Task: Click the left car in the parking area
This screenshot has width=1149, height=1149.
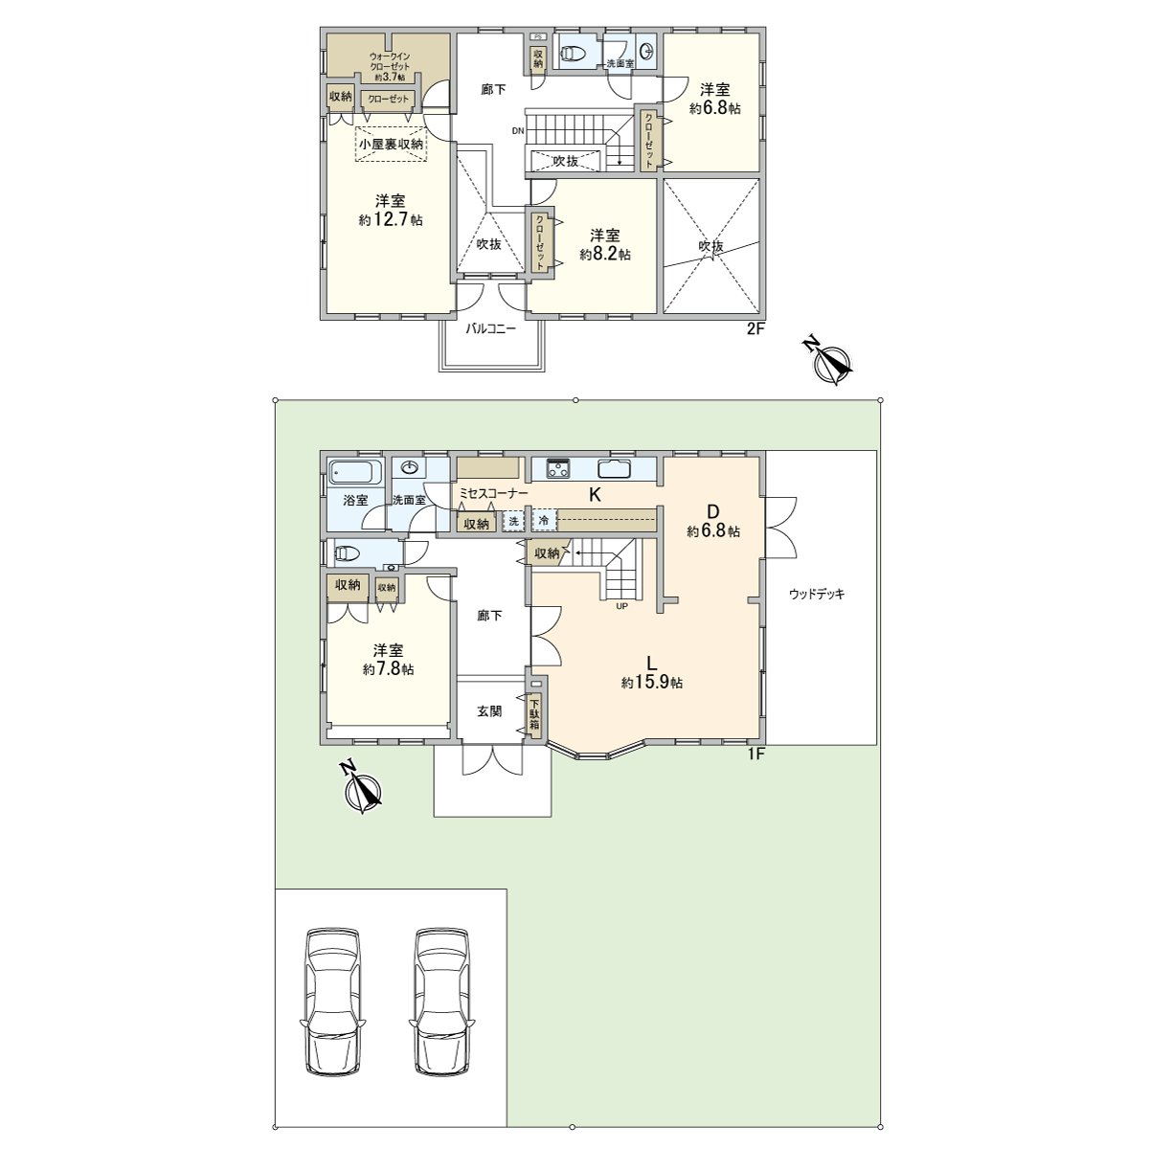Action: pyautogui.click(x=332, y=1003)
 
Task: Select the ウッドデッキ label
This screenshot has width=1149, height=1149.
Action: pyautogui.click(x=817, y=594)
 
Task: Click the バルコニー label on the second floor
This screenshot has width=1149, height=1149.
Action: pyautogui.click(x=491, y=328)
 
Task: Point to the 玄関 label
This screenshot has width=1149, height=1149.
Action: pyautogui.click(x=489, y=711)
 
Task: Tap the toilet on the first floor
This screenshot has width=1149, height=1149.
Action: pyautogui.click(x=348, y=552)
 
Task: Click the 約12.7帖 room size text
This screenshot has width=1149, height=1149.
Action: pyautogui.click(x=391, y=220)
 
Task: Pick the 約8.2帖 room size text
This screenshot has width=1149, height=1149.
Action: pyautogui.click(x=604, y=255)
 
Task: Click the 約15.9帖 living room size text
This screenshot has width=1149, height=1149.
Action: pyautogui.click(x=651, y=683)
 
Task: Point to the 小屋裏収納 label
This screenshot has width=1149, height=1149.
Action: pyautogui.click(x=391, y=144)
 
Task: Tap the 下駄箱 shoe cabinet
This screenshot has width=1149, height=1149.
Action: pyautogui.click(x=533, y=714)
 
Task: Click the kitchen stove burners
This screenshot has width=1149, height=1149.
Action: pyautogui.click(x=558, y=469)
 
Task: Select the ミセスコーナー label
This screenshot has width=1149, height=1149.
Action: pyautogui.click(x=493, y=493)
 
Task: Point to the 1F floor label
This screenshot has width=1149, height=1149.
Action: pyautogui.click(x=755, y=754)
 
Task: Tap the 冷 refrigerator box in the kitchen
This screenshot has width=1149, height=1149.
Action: pyautogui.click(x=544, y=521)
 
